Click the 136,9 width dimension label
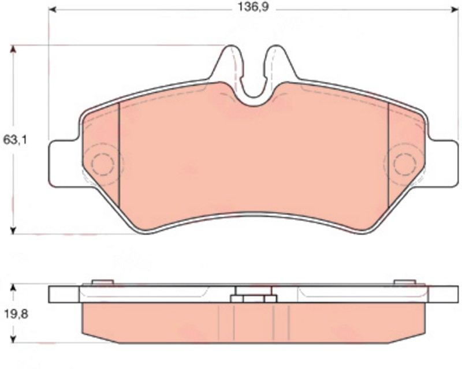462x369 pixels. pyautogui.click(x=253, y=8)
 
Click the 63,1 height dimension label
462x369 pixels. pyautogui.click(x=15, y=140)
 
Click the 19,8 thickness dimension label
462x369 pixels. pyautogui.click(x=16, y=314)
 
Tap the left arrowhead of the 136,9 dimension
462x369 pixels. pyautogui.click(x=53, y=10)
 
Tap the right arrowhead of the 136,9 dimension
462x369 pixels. pyautogui.click(x=455, y=10)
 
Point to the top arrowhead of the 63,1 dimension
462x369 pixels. pyautogui.click(x=13, y=49)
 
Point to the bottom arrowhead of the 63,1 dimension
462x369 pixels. pyautogui.click(x=13, y=230)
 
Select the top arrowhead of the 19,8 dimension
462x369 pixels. pyautogui.click(x=13, y=288)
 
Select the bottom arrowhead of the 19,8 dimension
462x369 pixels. pyautogui.click(x=13, y=338)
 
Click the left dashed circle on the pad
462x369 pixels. pyautogui.click(x=92, y=165)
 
